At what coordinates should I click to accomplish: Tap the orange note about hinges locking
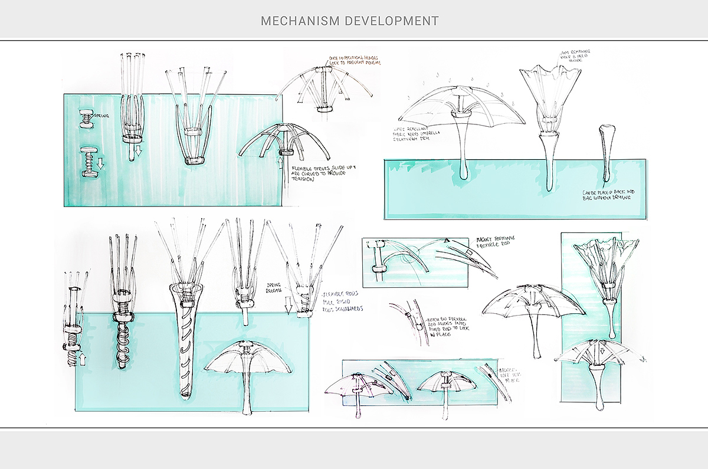coord(355,60)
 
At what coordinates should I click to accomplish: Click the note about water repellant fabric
coord(414,132)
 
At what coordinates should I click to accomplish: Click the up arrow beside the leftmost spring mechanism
coord(81,358)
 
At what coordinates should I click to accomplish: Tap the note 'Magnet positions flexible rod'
coord(495,241)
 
